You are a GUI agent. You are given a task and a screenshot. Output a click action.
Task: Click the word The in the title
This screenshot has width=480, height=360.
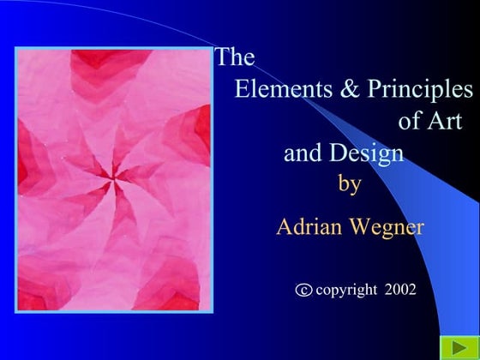click(x=235, y=58)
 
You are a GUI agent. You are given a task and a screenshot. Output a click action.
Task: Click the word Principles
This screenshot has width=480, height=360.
click(x=419, y=90)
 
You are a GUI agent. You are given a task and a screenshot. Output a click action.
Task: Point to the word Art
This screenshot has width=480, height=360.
click(x=443, y=121)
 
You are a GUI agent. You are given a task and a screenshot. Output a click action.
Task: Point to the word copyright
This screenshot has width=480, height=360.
click(x=346, y=291)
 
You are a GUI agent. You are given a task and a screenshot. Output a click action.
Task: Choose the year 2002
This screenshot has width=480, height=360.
click(x=400, y=290)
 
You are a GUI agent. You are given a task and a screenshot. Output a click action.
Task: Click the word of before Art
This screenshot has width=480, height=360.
click(x=411, y=121)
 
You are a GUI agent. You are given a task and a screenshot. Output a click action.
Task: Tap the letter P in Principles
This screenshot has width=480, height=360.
click(x=372, y=89)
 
